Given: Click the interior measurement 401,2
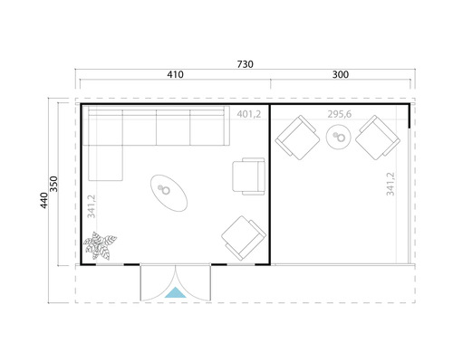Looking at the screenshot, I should pos(248,114).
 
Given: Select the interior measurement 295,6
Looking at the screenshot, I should pos(338,114).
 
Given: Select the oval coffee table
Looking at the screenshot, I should pos(169,191).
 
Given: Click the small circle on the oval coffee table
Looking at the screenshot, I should pos(166,188).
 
